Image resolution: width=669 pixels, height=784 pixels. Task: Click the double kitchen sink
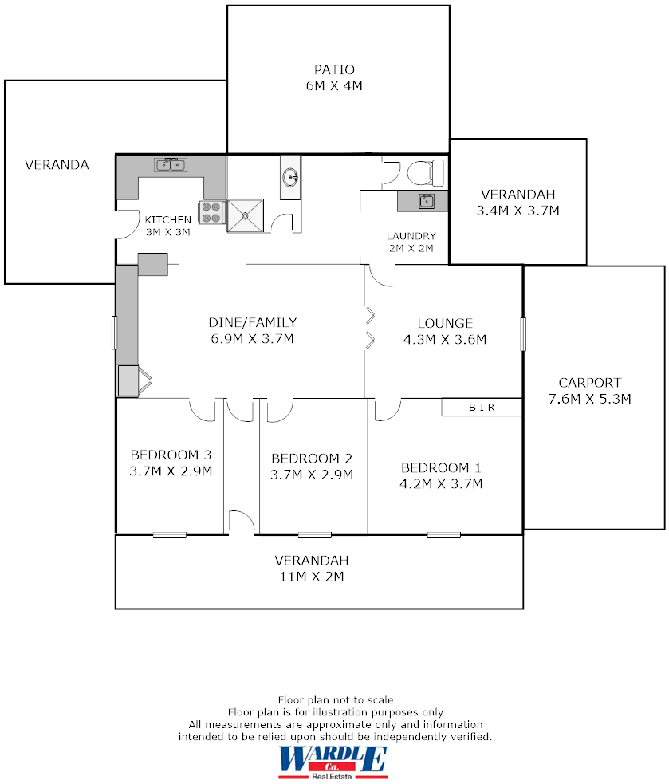click(170, 165)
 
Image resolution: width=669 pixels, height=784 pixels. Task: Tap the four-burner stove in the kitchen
click(211, 212)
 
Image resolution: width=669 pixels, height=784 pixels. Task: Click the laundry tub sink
click(427, 201)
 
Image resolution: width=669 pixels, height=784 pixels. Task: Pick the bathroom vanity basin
click(290, 177)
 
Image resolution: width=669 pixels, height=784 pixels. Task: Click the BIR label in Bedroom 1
click(482, 408)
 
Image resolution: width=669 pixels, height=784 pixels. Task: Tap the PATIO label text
click(334, 69)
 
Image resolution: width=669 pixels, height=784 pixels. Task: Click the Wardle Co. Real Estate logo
click(333, 762)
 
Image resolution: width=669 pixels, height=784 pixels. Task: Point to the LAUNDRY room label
click(411, 236)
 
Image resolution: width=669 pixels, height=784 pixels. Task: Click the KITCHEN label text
click(167, 219)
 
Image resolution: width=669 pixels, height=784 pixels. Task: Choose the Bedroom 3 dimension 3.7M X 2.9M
click(171, 471)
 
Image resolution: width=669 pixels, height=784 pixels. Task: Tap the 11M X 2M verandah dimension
click(312, 577)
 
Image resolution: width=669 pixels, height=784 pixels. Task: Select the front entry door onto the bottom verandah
click(241, 523)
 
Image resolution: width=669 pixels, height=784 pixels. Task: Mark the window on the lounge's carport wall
click(523, 333)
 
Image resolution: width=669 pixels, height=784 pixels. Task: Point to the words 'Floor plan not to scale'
click(335, 700)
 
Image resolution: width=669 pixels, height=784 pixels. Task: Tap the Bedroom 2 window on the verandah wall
click(314, 534)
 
